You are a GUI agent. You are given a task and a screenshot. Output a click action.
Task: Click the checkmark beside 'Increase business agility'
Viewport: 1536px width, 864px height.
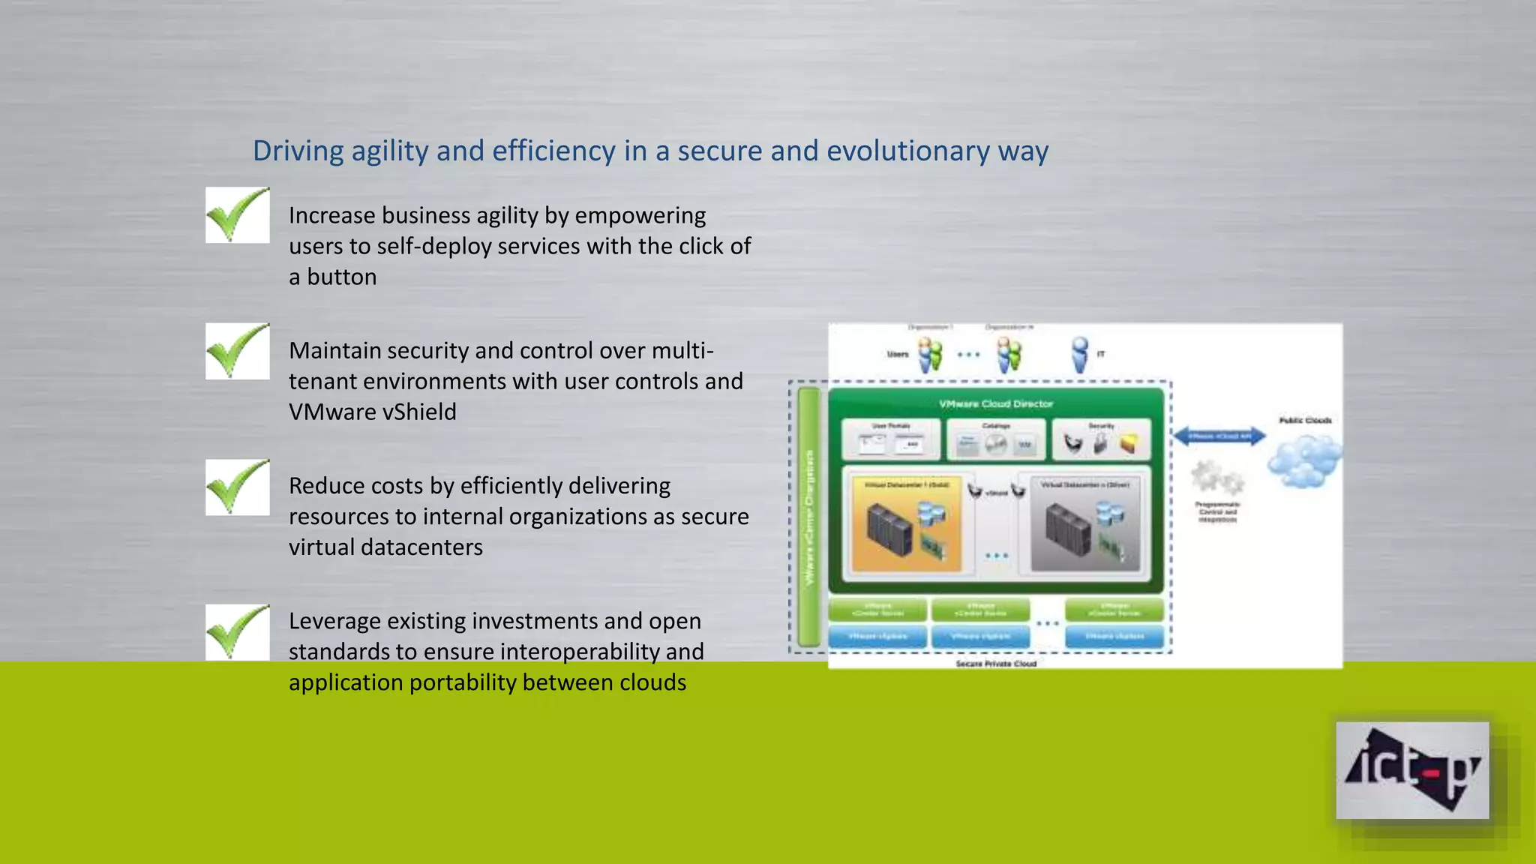237,215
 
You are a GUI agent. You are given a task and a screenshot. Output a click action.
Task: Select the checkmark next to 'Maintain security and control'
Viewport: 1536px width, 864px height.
237,351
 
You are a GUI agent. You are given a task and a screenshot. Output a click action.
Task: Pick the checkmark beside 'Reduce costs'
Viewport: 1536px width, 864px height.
237,487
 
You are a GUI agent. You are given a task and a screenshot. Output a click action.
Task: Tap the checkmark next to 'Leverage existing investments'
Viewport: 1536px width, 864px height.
237,631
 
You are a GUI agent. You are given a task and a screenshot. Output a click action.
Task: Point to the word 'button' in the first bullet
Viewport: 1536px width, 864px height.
341,277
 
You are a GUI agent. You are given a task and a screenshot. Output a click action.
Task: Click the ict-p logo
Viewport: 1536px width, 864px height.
1411,770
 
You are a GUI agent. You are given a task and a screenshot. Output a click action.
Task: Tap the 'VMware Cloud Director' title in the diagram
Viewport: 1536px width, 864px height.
996,403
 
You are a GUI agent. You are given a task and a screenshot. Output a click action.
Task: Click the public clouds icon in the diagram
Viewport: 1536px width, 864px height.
1304,460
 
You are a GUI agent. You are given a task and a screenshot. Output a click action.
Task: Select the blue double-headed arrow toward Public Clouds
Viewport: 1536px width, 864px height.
1219,436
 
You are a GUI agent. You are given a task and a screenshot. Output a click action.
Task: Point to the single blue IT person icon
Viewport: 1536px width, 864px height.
1079,354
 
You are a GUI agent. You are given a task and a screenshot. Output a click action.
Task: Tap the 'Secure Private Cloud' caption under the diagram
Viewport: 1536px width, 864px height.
996,664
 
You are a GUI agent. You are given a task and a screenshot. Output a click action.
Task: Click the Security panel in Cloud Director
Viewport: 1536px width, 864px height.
1101,439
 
